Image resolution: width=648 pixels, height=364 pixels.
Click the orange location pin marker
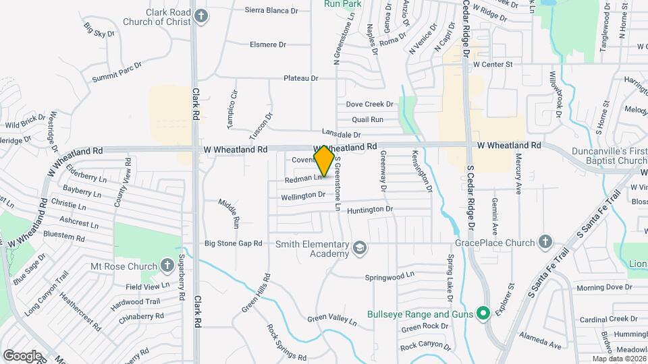tap(325, 161)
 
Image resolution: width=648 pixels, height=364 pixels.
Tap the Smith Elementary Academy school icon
tap(360, 249)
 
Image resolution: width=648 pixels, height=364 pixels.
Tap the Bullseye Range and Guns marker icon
tap(483, 314)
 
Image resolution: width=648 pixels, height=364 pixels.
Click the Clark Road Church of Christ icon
tap(200, 16)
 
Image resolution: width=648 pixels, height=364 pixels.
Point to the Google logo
tap(22, 355)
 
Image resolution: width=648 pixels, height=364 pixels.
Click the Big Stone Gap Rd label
tap(233, 243)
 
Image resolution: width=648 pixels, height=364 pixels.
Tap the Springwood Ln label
tap(389, 276)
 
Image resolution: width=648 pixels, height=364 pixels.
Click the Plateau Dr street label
tap(300, 78)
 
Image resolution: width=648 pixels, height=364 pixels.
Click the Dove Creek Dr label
tap(369, 104)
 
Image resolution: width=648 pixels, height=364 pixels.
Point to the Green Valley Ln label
tap(331, 317)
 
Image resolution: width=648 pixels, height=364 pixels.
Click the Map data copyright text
tap(618, 359)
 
